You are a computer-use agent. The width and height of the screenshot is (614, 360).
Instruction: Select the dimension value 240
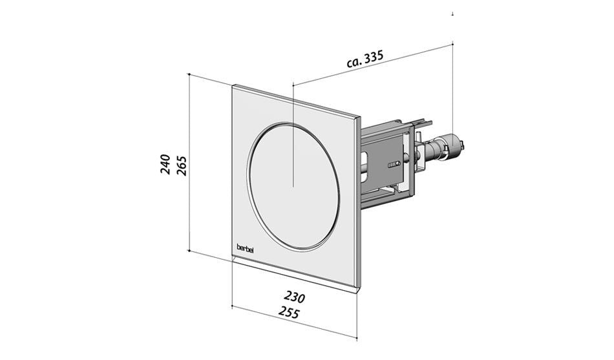[x=165, y=165]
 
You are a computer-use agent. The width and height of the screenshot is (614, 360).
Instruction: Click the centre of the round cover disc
[x=293, y=187]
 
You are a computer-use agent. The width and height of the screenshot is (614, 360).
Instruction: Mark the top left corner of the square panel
[x=233, y=85]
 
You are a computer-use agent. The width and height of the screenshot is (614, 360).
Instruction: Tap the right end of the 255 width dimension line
[x=357, y=337]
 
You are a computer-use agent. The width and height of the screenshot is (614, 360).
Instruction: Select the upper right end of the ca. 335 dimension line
[x=452, y=43]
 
